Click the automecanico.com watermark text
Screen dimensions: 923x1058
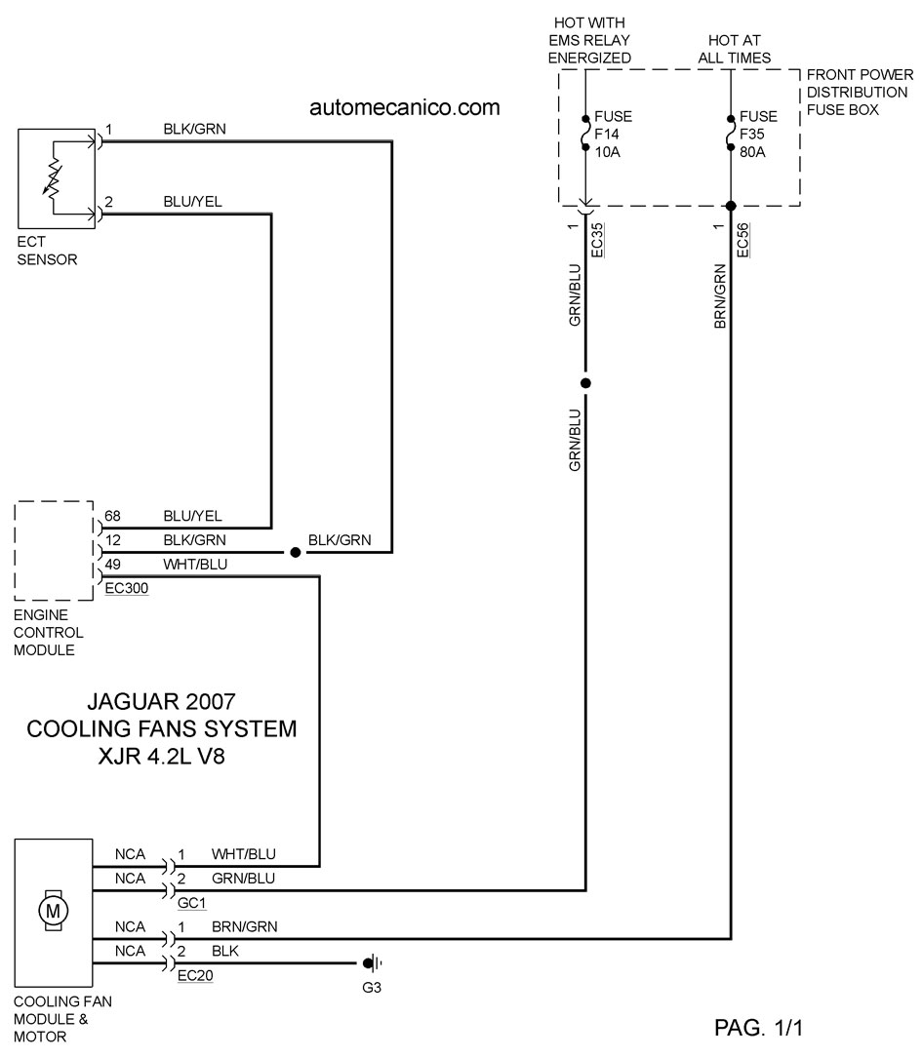click(x=405, y=107)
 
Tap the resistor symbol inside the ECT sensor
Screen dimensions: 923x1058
click(x=53, y=178)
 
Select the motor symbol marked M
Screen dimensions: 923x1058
click(x=53, y=911)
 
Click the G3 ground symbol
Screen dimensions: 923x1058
click(x=373, y=963)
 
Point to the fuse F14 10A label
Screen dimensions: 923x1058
click(x=613, y=134)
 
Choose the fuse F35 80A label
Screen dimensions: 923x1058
click(x=758, y=134)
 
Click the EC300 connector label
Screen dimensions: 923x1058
click(x=126, y=588)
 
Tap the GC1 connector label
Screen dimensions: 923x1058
click(x=192, y=903)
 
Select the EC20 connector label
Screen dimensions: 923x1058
click(x=195, y=976)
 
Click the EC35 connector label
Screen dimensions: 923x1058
click(x=597, y=240)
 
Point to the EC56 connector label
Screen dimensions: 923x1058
click(x=742, y=240)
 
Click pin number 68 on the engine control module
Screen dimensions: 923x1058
click(x=112, y=516)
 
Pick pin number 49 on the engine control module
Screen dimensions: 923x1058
click(x=112, y=564)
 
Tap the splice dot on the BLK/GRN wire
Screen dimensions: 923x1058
click(x=295, y=553)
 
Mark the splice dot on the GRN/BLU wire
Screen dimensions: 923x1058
click(x=585, y=383)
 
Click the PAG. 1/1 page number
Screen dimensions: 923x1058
click(x=758, y=1028)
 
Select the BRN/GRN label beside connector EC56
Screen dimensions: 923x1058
click(x=720, y=296)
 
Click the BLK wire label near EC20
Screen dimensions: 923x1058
click(x=224, y=951)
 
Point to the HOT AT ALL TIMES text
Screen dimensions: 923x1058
click(x=734, y=49)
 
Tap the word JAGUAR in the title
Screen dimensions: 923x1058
click(x=133, y=702)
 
